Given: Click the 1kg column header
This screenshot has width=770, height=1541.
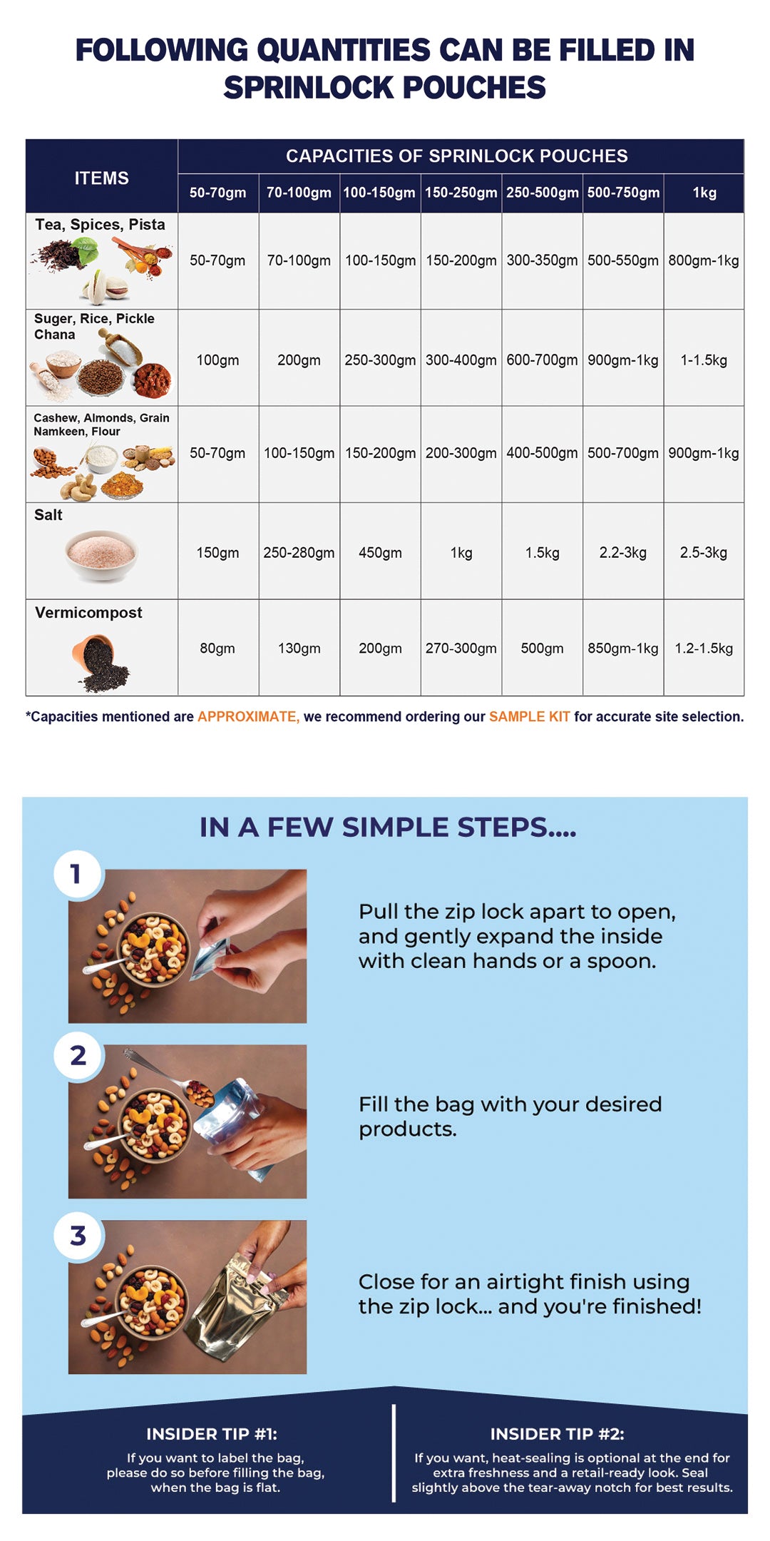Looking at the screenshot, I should (x=704, y=193).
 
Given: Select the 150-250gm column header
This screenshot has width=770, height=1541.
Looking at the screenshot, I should (x=461, y=193).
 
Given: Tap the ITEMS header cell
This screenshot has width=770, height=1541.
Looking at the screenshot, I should (x=101, y=178).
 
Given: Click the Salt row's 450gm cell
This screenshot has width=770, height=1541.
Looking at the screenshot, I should (x=380, y=553).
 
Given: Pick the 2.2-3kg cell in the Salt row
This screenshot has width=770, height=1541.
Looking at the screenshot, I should (x=622, y=553).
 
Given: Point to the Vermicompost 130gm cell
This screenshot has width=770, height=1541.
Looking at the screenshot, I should (x=299, y=649).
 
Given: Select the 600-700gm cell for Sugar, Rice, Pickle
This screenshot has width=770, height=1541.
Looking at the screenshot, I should (x=542, y=360).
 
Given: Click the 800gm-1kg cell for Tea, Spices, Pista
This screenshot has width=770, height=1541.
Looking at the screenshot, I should (x=703, y=260).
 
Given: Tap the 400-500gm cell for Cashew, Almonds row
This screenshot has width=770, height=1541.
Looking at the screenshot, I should (x=542, y=453).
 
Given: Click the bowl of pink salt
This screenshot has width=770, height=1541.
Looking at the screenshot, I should (x=101, y=554).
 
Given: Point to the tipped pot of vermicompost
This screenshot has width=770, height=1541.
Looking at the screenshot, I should (x=100, y=662).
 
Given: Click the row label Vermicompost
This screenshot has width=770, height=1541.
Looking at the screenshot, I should (x=88, y=613).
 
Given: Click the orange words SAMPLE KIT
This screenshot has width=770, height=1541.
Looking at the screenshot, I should (x=529, y=717).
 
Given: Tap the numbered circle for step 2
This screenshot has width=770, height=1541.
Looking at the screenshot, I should (x=78, y=1055).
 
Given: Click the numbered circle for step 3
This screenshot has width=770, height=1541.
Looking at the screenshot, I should (x=78, y=1236).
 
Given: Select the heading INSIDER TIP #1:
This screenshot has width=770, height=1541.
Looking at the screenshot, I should (x=212, y=1434).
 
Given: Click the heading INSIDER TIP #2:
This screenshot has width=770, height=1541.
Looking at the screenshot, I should (x=557, y=1434).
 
